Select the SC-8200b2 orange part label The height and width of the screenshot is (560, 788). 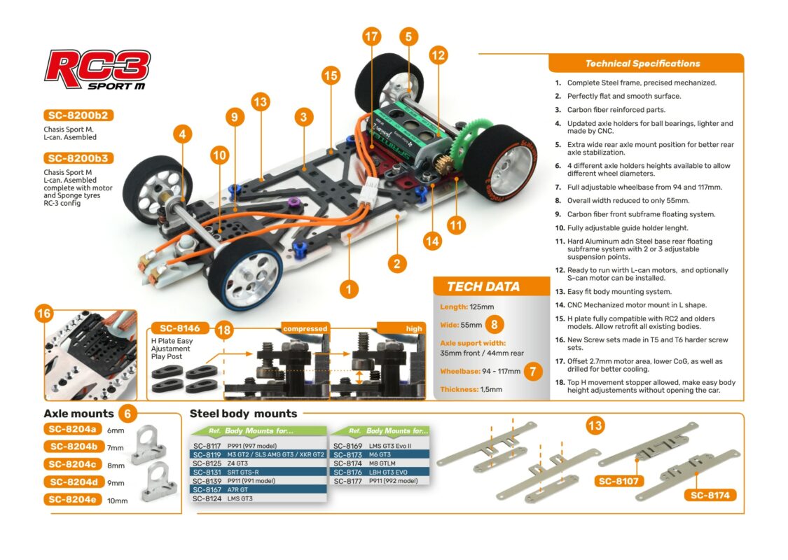coord(79,115)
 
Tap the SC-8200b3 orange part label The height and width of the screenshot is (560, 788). coord(79,158)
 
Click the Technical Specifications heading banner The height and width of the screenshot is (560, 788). coord(642,64)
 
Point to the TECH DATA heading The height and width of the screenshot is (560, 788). coord(483,286)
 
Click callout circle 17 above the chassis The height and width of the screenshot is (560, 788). coord(372,36)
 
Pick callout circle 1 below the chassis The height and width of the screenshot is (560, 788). coord(348,287)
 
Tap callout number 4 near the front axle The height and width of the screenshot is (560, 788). coord(183,133)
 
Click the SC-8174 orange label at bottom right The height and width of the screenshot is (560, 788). coord(710,495)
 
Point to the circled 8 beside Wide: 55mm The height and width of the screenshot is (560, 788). coord(495,324)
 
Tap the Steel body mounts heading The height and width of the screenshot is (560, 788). coord(244,414)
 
